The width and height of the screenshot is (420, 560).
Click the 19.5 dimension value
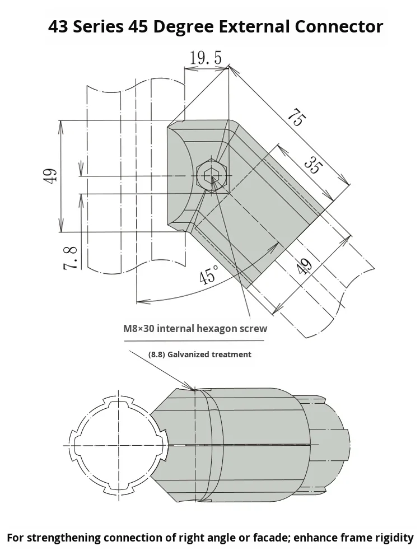pos(206,58)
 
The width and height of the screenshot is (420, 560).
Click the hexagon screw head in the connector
pos(212,176)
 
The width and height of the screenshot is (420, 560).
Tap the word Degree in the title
pos(190,27)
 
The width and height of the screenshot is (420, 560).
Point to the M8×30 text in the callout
pos(139,329)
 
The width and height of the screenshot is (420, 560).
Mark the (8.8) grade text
pos(156,354)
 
